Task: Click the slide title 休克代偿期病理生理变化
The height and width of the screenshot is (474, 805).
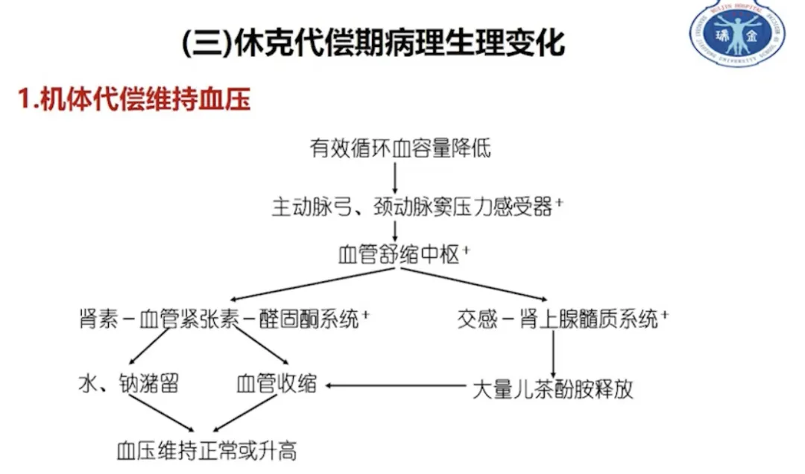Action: click(x=373, y=43)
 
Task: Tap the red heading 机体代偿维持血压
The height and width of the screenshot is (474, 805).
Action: click(x=134, y=100)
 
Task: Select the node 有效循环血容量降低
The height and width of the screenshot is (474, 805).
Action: click(x=400, y=148)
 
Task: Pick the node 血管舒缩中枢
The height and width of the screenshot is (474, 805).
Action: click(x=398, y=255)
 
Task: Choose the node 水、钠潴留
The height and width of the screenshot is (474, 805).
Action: click(x=128, y=385)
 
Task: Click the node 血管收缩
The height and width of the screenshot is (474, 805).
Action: click(x=276, y=385)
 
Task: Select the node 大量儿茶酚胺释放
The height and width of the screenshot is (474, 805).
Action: click(x=552, y=389)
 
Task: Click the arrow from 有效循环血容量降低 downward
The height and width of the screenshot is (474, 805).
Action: click(x=395, y=177)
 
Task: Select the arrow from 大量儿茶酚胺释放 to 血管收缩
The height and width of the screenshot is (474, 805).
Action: click(x=395, y=385)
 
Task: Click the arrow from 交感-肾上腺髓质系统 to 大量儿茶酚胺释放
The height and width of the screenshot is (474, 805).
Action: click(x=553, y=353)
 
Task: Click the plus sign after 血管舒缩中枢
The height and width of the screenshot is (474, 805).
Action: click(x=466, y=251)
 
